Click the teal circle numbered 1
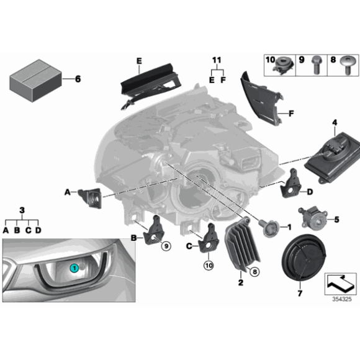point(74,268)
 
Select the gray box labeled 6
point(35,80)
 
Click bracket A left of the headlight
point(90,198)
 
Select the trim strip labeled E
point(150,86)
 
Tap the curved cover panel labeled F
point(261,99)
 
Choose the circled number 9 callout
point(166,246)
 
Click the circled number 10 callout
point(209,266)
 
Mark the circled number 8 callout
point(254,272)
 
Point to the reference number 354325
point(342,299)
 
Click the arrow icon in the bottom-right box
point(340,283)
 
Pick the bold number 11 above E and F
point(217,60)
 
